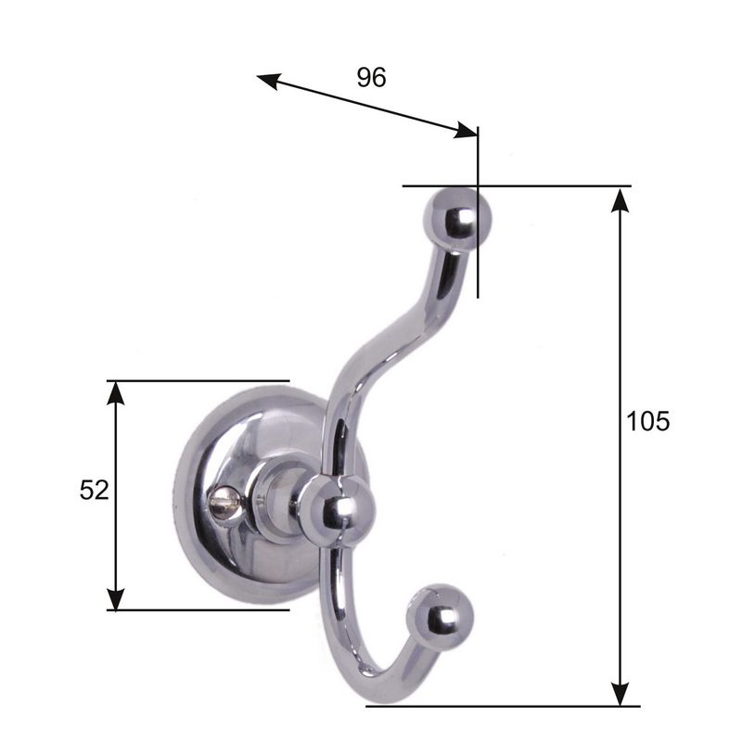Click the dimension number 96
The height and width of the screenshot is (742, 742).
pyautogui.click(x=371, y=78)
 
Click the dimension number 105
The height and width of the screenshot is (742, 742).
pyautogui.click(x=647, y=421)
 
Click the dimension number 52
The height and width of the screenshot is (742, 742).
pyautogui.click(x=94, y=489)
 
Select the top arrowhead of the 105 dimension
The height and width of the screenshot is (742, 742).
pyautogui.click(x=620, y=200)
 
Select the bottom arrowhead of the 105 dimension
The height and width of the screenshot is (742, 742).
pyautogui.click(x=620, y=692)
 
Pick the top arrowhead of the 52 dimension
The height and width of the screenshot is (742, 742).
pyautogui.click(x=115, y=393)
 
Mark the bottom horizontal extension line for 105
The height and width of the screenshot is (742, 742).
pyautogui.click(x=501, y=706)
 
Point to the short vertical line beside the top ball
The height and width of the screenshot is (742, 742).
pyautogui.click(x=479, y=269)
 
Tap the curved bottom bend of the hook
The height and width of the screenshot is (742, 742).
pyautogui.click(x=366, y=682)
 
